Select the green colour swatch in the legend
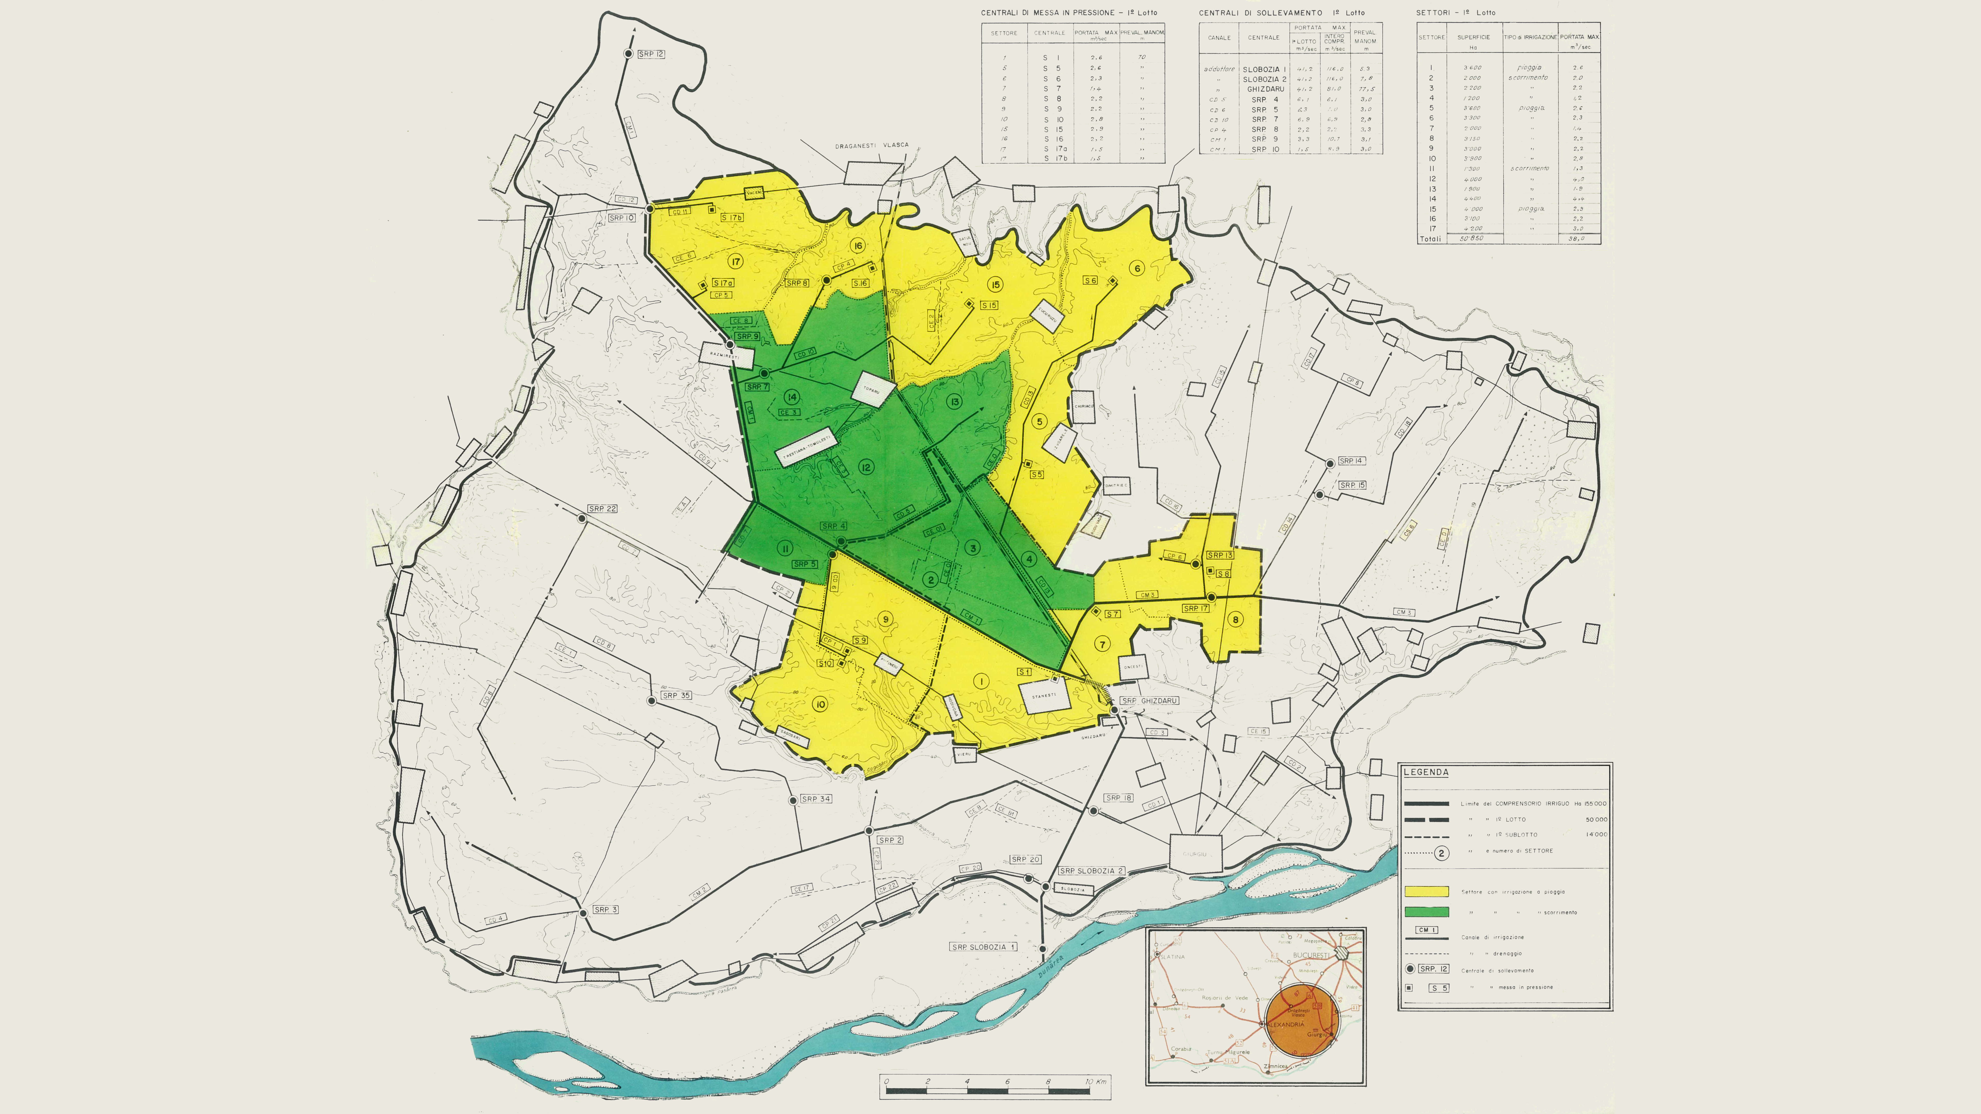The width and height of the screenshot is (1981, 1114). click(1426, 912)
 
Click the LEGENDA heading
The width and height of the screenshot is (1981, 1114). click(1426, 772)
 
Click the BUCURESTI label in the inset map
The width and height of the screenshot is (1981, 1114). click(1311, 955)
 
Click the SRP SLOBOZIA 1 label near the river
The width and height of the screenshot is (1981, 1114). click(984, 947)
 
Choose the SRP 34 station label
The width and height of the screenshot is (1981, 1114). click(815, 799)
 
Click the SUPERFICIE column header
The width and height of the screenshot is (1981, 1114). click(1473, 37)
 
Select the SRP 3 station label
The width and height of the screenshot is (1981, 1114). click(605, 909)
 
